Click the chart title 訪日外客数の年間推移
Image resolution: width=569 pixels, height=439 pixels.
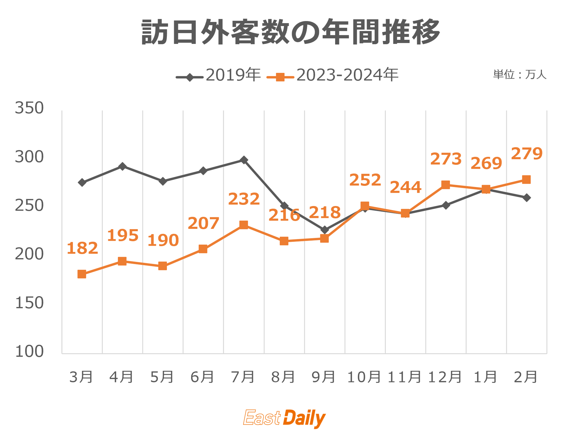[x=290, y=32]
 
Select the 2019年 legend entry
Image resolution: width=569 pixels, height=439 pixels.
[x=218, y=75]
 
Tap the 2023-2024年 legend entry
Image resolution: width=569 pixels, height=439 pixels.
[x=333, y=75]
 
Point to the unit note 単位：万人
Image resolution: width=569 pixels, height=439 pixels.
[x=520, y=75]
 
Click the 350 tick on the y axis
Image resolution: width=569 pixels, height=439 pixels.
[x=29, y=108]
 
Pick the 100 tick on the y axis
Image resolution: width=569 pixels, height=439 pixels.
[x=29, y=352]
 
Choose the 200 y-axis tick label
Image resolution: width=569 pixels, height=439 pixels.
[x=29, y=254]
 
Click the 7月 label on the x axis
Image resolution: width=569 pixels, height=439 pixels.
[x=243, y=377]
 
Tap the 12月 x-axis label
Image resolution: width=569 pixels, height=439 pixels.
[x=445, y=377]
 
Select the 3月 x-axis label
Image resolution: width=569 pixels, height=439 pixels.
[x=81, y=377]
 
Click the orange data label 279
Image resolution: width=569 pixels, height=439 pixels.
[x=527, y=154]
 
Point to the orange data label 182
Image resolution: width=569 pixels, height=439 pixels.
[x=82, y=248]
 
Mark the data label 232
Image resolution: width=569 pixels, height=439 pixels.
[x=244, y=199]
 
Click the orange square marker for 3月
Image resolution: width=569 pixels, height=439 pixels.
[x=82, y=274]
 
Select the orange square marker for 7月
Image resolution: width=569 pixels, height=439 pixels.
[x=244, y=225]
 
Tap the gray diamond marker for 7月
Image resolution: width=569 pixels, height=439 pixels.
[x=244, y=160]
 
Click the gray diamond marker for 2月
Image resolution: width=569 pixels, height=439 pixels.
[x=527, y=198]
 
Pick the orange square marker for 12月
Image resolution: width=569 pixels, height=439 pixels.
[x=445, y=185]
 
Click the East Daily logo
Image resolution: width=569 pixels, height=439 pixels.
[x=284, y=418]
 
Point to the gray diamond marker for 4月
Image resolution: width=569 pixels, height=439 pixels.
[x=122, y=166]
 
